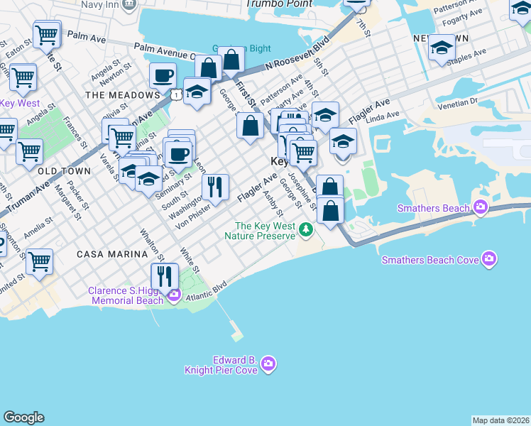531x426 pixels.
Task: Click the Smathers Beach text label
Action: pyautogui.click(x=434, y=208)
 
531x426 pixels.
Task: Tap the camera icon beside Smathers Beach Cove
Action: pyautogui.click(x=488, y=259)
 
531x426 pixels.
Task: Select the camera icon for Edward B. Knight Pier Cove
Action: pyautogui.click(x=268, y=364)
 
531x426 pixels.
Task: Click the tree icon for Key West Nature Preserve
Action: pyautogui.click(x=305, y=229)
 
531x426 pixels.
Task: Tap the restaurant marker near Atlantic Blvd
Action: pyautogui.click(x=165, y=275)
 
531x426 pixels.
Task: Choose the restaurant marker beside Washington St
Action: pyautogui.click(x=215, y=187)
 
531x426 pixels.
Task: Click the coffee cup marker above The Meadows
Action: pyautogui.click(x=163, y=75)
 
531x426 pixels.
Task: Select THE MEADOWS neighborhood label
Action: pyautogui.click(x=122, y=95)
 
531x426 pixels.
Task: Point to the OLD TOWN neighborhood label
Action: pyautogui.click(x=64, y=171)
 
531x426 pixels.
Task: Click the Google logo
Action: pyautogui.click(x=23, y=417)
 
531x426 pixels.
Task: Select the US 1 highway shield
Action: pyautogui.click(x=175, y=94)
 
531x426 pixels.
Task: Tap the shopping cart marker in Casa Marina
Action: pyautogui.click(x=39, y=261)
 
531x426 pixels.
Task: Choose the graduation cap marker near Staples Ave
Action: pyautogui.click(x=442, y=49)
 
